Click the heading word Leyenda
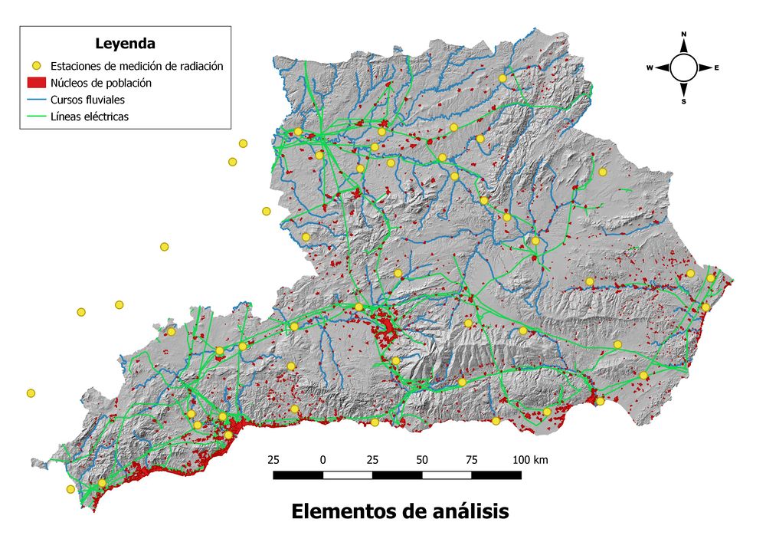(126, 43)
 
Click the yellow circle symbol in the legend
(35, 66)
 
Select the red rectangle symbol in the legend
(35, 83)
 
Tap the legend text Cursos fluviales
(87, 100)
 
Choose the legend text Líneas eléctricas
(90, 117)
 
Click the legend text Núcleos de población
(100, 83)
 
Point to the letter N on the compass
(684, 34)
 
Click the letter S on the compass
(684, 102)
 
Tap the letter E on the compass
(717, 68)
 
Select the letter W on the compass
(650, 68)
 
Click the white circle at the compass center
(684, 68)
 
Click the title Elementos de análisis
(400, 511)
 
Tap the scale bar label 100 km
(529, 460)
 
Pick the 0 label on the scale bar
(323, 460)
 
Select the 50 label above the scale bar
(422, 460)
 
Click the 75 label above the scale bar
(472, 460)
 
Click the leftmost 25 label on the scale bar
(273, 460)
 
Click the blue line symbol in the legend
(35, 100)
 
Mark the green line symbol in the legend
(35, 117)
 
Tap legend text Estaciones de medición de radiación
(136, 66)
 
